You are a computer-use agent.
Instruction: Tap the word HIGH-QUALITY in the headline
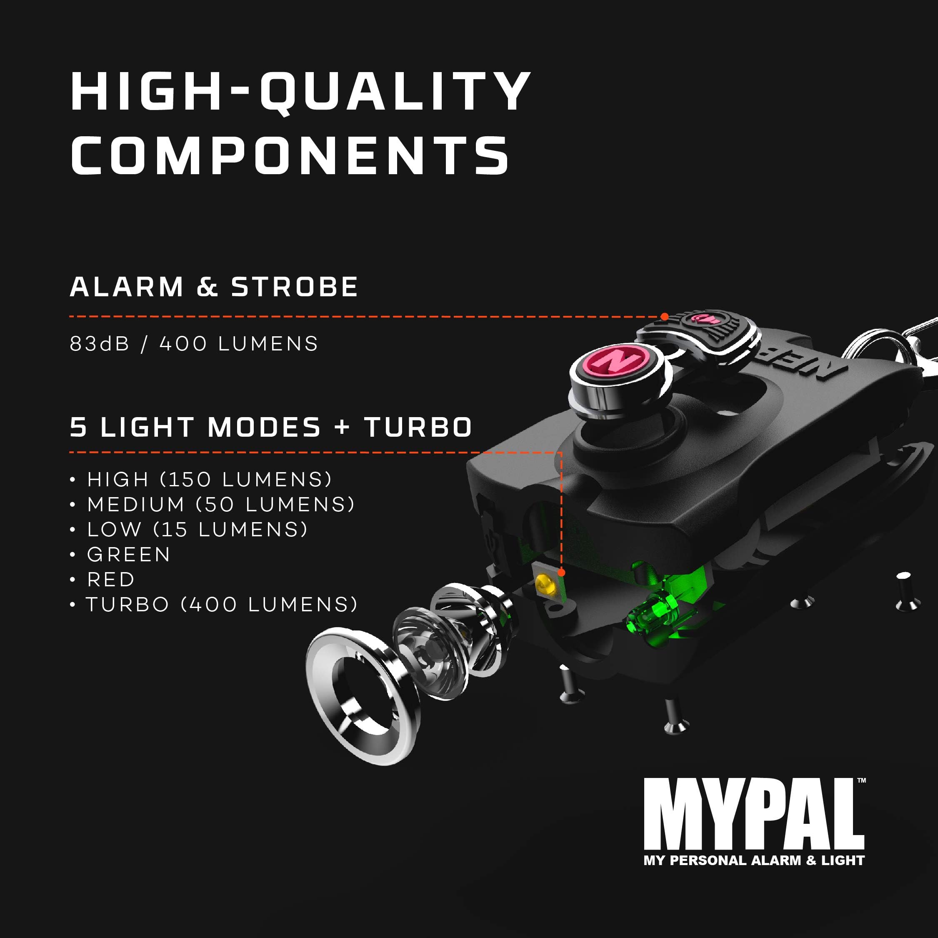[x=300, y=91]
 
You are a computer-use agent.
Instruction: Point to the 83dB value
[x=100, y=344]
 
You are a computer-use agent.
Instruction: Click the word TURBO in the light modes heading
[x=418, y=427]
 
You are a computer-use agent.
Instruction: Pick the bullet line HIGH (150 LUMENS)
[x=209, y=480]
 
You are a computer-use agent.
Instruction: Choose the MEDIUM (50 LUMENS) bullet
[x=221, y=505]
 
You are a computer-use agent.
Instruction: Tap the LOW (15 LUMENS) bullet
[x=197, y=529]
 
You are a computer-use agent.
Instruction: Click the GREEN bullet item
[x=128, y=555]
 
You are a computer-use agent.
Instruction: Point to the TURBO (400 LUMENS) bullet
[x=221, y=605]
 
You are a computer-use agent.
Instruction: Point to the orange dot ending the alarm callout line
[x=665, y=317]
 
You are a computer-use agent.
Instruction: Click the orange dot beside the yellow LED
[x=562, y=573]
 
